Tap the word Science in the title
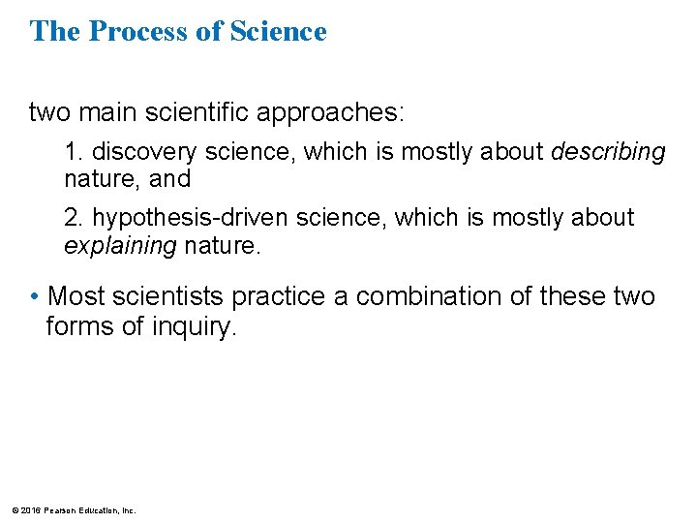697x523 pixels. [x=279, y=32]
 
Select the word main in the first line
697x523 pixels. [x=105, y=112]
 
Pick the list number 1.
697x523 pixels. [x=71, y=152]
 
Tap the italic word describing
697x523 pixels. [x=608, y=152]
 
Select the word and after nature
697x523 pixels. [x=169, y=179]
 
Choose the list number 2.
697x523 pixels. [x=71, y=218]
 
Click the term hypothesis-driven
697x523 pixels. [x=190, y=218]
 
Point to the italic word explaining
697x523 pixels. [x=120, y=245]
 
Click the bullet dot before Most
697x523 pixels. [x=35, y=295]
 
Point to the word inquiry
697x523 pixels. [x=194, y=327]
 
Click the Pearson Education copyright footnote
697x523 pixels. [x=74, y=509]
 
